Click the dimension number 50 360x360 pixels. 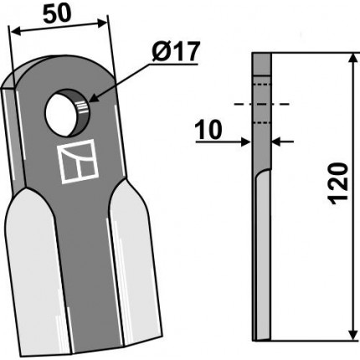[57, 14]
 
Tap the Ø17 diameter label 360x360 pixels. [176, 52]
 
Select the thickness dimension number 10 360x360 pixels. [208, 130]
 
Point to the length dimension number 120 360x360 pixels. [339, 184]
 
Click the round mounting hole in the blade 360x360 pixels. [67, 113]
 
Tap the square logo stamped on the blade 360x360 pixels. [79, 162]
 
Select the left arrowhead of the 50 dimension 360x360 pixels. [15, 32]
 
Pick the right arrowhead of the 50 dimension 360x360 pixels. [102, 23]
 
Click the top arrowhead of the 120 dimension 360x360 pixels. [353, 59]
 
